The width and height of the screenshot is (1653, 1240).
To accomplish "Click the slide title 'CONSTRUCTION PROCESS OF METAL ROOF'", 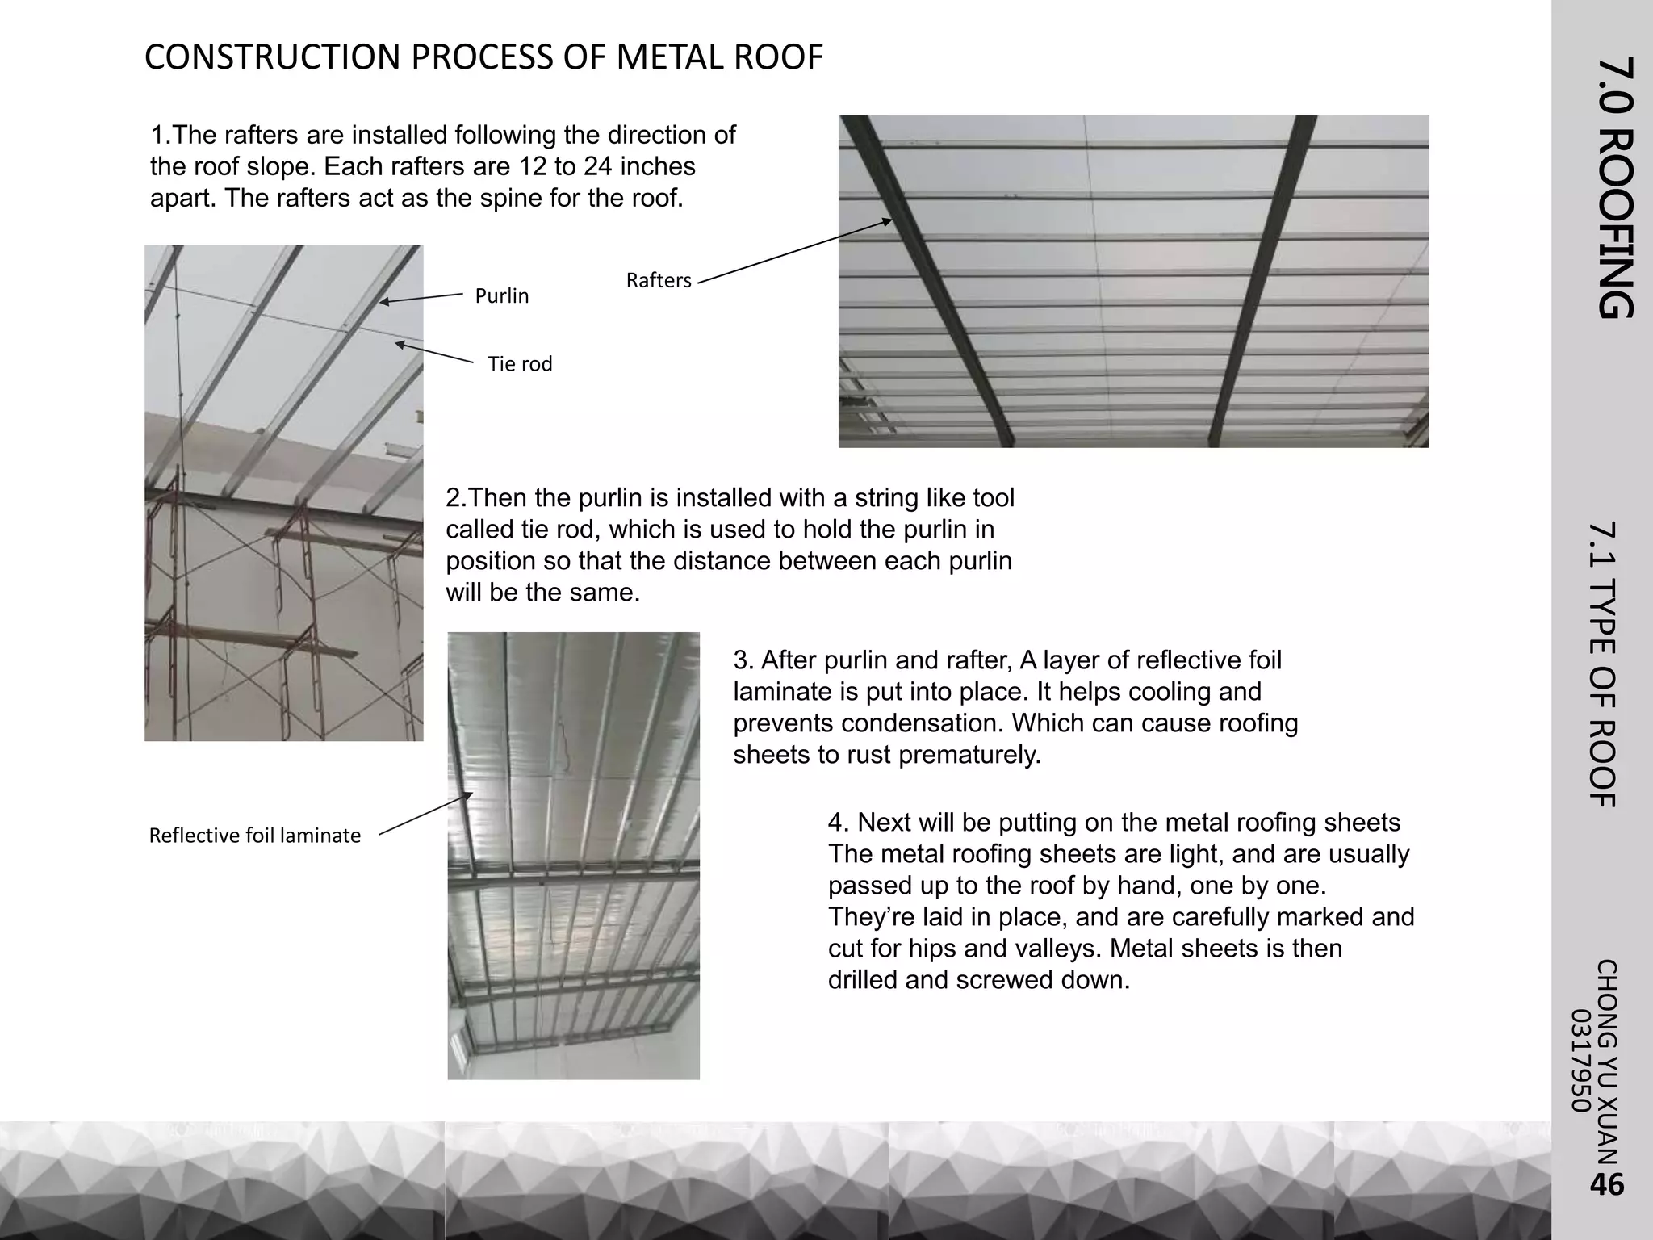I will point(483,57).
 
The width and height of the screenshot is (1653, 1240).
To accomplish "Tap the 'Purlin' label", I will point(502,296).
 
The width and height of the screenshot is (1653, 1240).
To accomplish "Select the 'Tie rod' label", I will point(520,364).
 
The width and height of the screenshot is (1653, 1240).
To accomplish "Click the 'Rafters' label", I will point(659,281).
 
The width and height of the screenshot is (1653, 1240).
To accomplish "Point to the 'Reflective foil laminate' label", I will point(255,836).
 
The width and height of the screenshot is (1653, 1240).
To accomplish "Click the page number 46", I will point(1606,1184).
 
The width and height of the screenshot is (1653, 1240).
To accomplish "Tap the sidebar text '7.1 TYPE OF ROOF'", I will point(1603,664).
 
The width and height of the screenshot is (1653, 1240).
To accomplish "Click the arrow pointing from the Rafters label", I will point(795,251).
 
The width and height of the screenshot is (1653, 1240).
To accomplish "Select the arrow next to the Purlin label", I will point(421,298).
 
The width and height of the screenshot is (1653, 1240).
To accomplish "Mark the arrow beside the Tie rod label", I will point(434,354).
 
